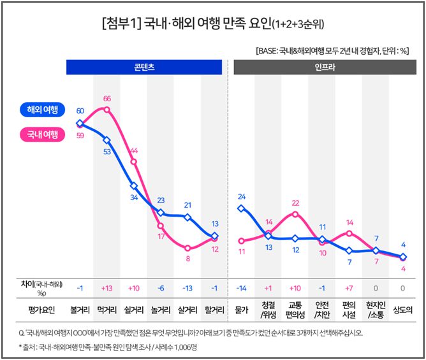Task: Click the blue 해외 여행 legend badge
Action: (x=43, y=110)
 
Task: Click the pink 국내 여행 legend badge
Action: (x=43, y=134)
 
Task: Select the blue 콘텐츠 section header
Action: (x=147, y=66)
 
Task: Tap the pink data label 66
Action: (x=107, y=99)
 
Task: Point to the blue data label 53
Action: (x=107, y=152)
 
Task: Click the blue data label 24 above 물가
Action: (x=241, y=196)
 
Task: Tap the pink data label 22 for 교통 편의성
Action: (x=295, y=203)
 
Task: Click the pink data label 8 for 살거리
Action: (x=187, y=259)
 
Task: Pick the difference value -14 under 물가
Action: (x=241, y=287)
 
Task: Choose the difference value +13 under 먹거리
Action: (x=107, y=287)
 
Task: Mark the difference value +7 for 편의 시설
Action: (x=349, y=287)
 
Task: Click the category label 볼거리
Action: (x=80, y=310)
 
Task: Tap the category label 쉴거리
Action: (x=134, y=310)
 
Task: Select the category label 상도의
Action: (x=402, y=310)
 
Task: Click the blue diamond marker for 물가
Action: (x=241, y=208)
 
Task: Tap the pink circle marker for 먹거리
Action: (x=107, y=110)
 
